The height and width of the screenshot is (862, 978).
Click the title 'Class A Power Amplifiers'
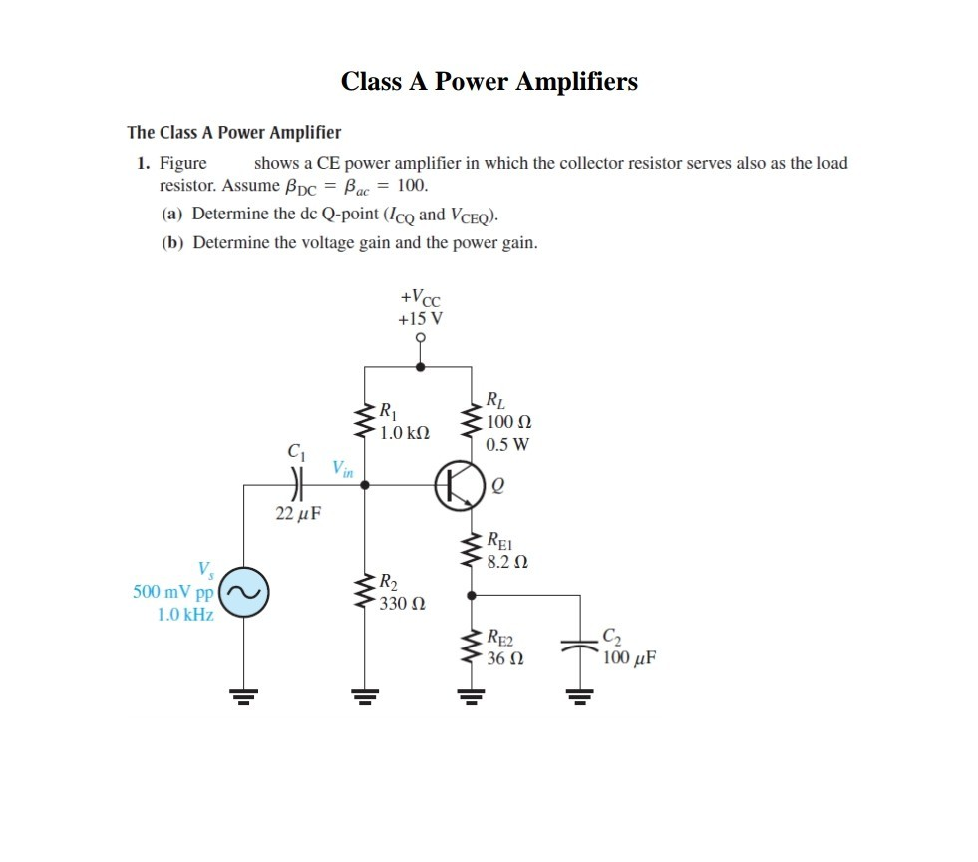coord(489,82)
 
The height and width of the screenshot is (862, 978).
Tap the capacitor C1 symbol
coord(294,486)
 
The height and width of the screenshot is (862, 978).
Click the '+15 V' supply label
coord(421,319)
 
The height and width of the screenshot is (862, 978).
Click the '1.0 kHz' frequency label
coord(184,614)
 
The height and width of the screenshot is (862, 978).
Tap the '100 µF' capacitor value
coord(629,658)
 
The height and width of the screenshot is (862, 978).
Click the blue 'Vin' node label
coord(342,467)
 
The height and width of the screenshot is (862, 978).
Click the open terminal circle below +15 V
coord(421,339)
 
